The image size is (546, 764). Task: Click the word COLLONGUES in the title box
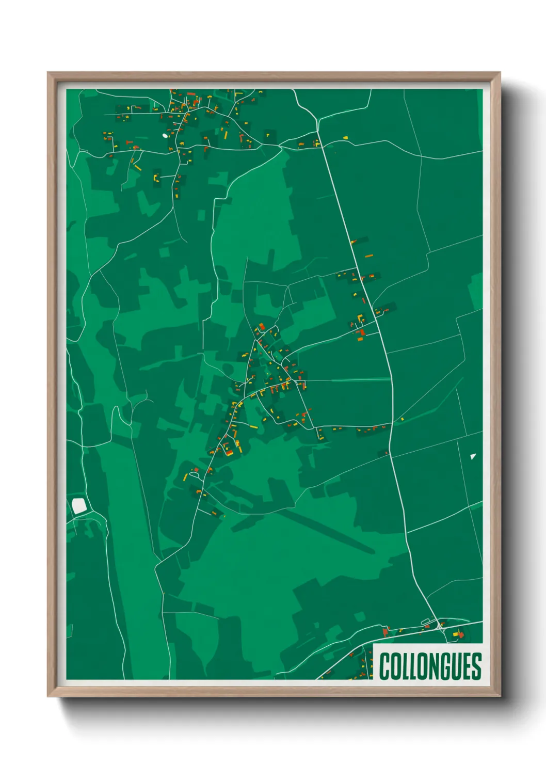pyautogui.click(x=430, y=666)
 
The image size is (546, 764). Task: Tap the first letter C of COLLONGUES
pyautogui.click(x=384, y=666)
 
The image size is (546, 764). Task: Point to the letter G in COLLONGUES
pyautogui.click(x=445, y=666)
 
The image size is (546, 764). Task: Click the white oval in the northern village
pyautogui.click(x=165, y=136)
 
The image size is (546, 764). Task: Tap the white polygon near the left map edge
pyautogui.click(x=79, y=506)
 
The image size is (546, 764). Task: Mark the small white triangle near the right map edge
pyautogui.click(x=473, y=456)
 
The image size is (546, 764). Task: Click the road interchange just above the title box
pyautogui.click(x=441, y=626)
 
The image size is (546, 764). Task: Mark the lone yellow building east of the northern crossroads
pyautogui.click(x=345, y=138)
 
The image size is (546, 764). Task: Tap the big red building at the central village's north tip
pyautogui.click(x=262, y=326)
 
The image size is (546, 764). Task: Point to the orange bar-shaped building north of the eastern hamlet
pyautogui.click(x=368, y=256)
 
